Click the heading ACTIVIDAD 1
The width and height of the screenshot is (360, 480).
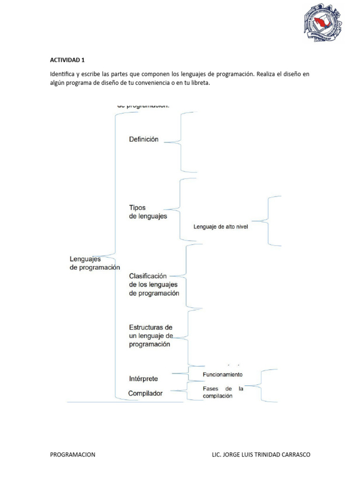click(x=67, y=60)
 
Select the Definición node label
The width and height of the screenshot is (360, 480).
click(x=143, y=139)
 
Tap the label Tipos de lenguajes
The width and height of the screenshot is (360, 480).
click(x=148, y=212)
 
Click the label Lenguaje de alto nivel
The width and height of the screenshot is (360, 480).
click(x=220, y=227)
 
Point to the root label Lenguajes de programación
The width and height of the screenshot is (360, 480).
click(x=95, y=263)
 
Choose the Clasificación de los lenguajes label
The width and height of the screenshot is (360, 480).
click(x=154, y=285)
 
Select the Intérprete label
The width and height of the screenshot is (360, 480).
click(x=143, y=378)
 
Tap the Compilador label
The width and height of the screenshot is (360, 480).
click(x=146, y=393)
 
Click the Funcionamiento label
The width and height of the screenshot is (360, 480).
click(x=223, y=375)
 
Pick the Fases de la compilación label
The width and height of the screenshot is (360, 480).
click(x=223, y=392)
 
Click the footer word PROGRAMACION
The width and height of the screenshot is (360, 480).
click(x=73, y=455)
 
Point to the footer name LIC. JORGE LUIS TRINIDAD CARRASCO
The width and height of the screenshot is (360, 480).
click(x=261, y=455)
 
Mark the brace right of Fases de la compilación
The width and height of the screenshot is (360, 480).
click(x=262, y=385)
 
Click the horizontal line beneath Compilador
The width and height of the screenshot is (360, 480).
click(x=125, y=402)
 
